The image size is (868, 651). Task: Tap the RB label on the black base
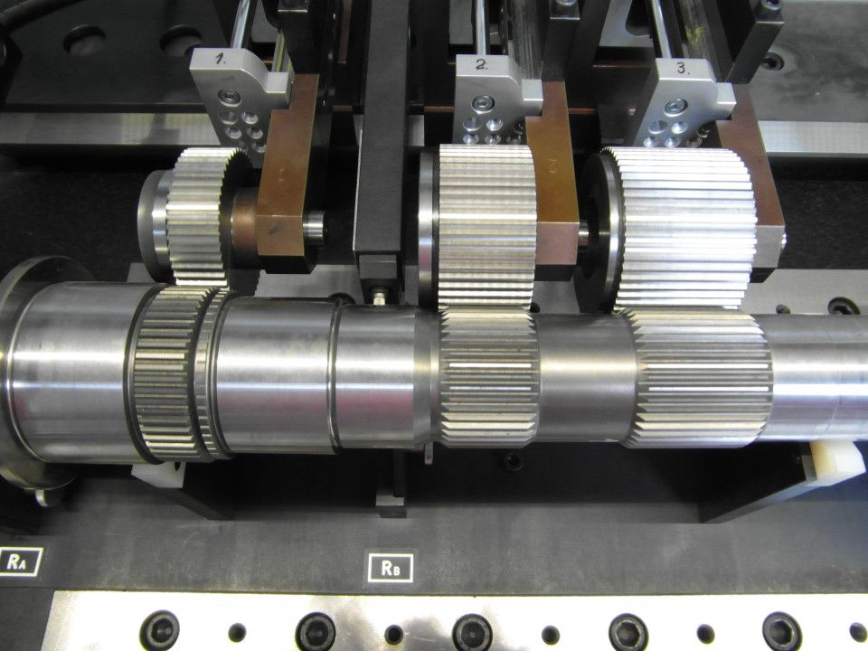tap(391, 568)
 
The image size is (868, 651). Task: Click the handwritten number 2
tap(482, 64)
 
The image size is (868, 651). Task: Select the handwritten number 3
tap(683, 70)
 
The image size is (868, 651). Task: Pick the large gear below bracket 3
tap(684, 228)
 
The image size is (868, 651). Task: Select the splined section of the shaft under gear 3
tap(700, 378)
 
